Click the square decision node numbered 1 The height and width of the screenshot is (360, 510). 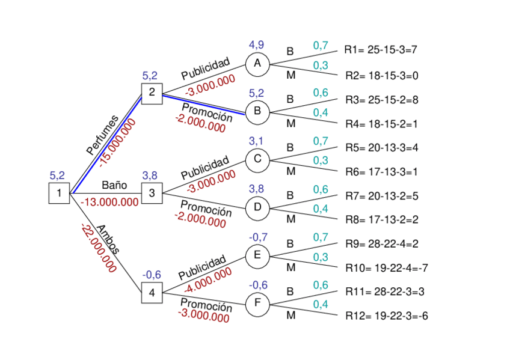click(x=59, y=193)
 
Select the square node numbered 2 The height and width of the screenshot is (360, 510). click(x=152, y=92)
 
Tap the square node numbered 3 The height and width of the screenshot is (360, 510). click(x=152, y=193)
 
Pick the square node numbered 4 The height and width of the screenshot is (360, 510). click(x=152, y=293)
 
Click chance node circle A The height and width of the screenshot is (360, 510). click(x=257, y=64)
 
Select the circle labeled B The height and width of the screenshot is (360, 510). click(x=257, y=111)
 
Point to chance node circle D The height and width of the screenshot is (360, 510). click(x=257, y=208)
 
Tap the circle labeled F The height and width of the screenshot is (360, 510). click(x=257, y=304)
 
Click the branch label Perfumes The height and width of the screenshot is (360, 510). click(x=102, y=135)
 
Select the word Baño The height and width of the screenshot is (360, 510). click(x=114, y=184)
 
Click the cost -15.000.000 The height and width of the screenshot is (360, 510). click(x=118, y=142)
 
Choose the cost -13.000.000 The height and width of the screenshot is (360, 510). click(x=109, y=202)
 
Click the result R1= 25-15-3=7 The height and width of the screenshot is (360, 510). click(x=380, y=50)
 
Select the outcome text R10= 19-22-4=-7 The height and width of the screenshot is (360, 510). click(x=386, y=267)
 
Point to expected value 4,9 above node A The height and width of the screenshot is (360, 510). click(x=257, y=45)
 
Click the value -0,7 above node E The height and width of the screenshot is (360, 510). click(x=258, y=237)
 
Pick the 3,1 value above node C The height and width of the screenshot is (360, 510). click(x=257, y=141)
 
